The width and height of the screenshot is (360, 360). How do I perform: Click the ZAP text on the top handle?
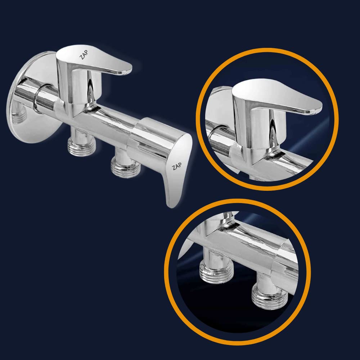84,54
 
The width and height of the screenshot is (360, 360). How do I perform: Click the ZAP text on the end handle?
177,166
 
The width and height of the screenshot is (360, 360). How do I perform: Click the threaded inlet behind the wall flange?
18,115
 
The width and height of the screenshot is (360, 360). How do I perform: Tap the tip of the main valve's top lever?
131,68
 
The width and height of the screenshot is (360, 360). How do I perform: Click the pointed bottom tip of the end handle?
171,207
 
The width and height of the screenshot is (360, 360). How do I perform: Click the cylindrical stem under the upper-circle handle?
266,129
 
